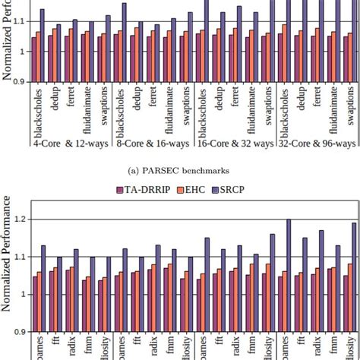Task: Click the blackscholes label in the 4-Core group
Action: coord(38,110)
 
